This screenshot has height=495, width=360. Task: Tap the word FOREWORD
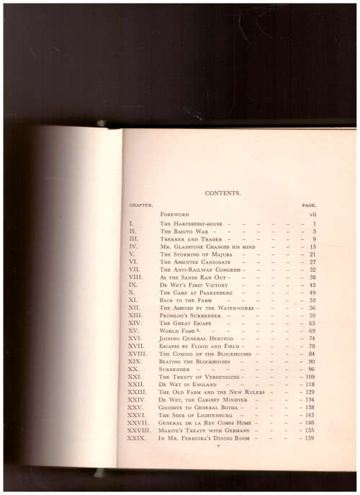pyautogui.click(x=174, y=215)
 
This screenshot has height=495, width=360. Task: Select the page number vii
pyautogui.click(x=312, y=215)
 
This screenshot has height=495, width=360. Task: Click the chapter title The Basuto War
pyautogui.click(x=184, y=231)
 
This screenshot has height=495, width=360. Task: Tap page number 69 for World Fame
pyautogui.click(x=312, y=331)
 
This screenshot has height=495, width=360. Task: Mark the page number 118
pyautogui.click(x=310, y=385)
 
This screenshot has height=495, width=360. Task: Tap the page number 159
pyautogui.click(x=310, y=438)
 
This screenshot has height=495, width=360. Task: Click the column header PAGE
pyautogui.click(x=310, y=205)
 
